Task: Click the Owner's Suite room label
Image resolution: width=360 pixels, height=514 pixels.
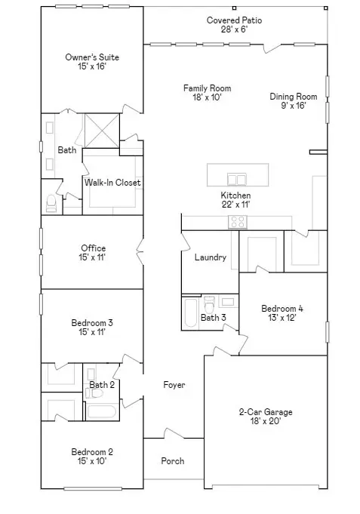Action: tap(92, 57)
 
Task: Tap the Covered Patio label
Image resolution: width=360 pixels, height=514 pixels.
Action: tap(235, 20)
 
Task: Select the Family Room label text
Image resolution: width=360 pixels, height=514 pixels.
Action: tap(207, 88)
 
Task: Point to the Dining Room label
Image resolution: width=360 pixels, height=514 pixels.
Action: tap(294, 97)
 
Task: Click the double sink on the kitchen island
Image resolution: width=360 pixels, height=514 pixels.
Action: tap(236, 179)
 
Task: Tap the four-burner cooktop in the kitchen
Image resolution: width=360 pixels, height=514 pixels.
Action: tap(238, 222)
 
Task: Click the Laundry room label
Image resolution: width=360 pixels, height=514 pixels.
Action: tap(210, 257)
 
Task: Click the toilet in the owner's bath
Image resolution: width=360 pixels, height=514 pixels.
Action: tap(51, 204)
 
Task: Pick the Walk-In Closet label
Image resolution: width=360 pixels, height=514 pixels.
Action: tap(112, 183)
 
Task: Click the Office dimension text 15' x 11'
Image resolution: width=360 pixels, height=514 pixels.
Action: tap(93, 259)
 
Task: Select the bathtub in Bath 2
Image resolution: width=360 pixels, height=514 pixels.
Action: tap(100, 411)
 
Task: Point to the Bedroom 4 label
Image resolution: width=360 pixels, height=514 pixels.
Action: tap(282, 308)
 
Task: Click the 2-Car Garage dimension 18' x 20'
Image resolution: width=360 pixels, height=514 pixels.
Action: tap(265, 423)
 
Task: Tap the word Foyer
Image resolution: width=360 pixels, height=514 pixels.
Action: tap(174, 385)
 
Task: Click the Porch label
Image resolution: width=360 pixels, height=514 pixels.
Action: tap(173, 461)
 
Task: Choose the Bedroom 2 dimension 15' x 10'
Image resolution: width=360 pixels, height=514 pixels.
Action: tap(93, 462)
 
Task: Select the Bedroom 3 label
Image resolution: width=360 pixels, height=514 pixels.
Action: tap(93, 323)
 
